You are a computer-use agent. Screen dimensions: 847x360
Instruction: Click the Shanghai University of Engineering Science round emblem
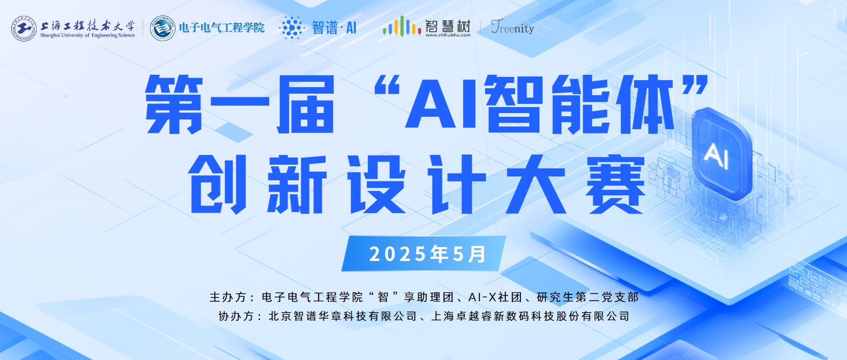pos(24,29)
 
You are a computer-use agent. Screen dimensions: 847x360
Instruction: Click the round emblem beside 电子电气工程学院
pos(163,29)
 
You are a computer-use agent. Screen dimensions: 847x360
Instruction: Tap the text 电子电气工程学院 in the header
pos(222,27)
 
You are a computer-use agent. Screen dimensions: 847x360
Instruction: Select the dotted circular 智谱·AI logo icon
pos(292,27)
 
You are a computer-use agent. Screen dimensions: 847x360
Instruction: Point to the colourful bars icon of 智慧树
pos(402,27)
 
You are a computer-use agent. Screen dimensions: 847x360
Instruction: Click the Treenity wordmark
pos(512,27)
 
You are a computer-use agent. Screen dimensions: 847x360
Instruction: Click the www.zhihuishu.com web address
pos(448,35)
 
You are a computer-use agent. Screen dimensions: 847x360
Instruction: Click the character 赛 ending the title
pos(615,184)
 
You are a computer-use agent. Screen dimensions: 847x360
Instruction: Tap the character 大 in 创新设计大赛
pos(535,184)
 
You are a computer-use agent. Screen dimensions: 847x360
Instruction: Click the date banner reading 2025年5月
pos(424,253)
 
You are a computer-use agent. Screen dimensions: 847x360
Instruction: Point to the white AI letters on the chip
pos(716,156)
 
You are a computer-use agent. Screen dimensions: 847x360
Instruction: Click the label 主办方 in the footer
pos(228,297)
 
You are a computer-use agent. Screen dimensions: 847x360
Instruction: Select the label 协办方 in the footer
pos(236,316)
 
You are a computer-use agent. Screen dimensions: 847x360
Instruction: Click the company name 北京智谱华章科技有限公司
pos(343,316)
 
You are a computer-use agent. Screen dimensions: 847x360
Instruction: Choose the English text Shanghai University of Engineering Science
pos(87,35)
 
